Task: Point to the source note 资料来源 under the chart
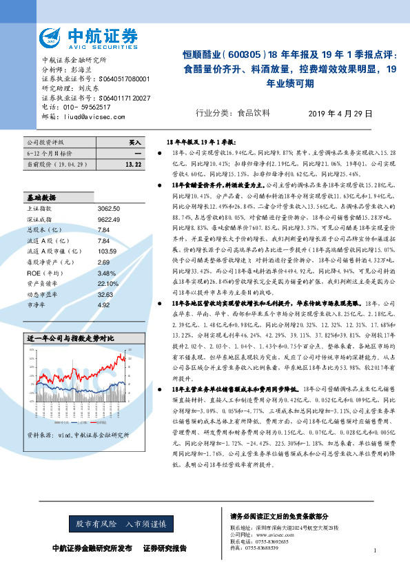(70, 435)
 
